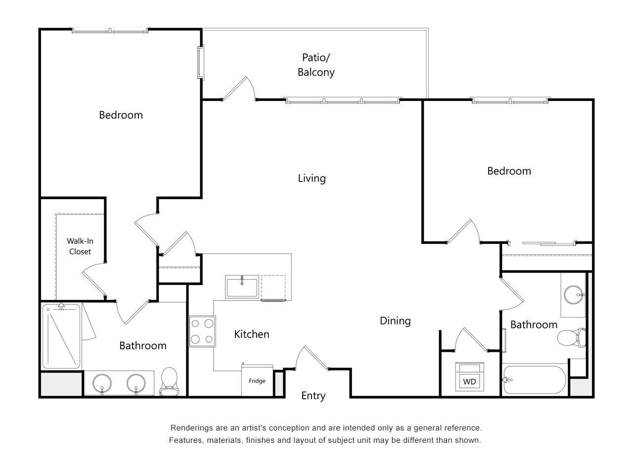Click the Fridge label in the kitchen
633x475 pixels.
click(257, 381)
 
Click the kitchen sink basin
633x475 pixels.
click(241, 287)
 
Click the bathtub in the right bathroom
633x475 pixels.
click(534, 380)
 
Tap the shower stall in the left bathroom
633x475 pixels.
click(61, 336)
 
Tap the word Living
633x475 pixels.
click(312, 178)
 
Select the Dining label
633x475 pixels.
click(395, 321)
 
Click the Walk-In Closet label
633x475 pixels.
click(80, 246)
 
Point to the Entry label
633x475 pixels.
click(313, 396)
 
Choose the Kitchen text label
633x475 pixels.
click(251, 334)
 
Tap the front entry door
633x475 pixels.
click(312, 357)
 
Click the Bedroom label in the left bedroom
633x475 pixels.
click(121, 115)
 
